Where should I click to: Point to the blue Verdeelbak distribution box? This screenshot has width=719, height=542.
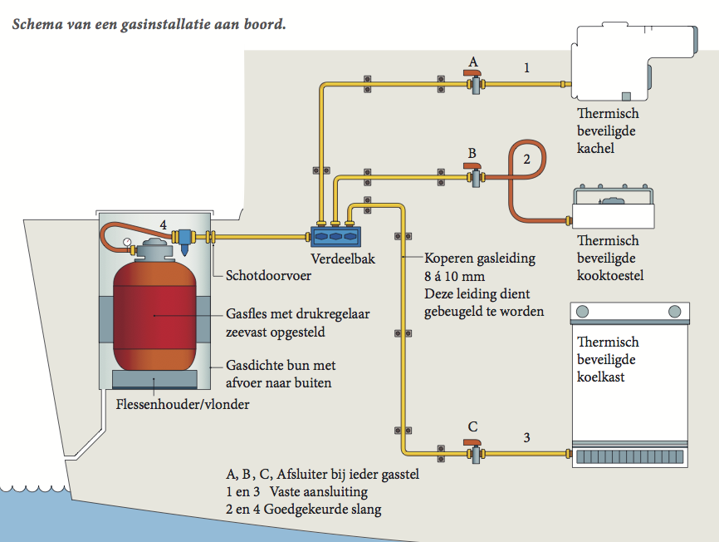point(335,235)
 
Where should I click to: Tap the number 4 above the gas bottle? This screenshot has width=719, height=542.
point(164,224)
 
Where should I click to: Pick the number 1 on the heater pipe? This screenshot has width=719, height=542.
point(526,67)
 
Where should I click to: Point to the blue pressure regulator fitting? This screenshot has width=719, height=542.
point(187,241)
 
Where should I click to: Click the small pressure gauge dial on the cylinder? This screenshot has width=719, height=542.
point(126,244)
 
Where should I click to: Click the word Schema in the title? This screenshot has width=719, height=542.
point(36,24)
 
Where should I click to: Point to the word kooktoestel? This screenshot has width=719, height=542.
point(610,275)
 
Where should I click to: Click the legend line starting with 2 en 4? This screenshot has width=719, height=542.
point(304,509)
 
